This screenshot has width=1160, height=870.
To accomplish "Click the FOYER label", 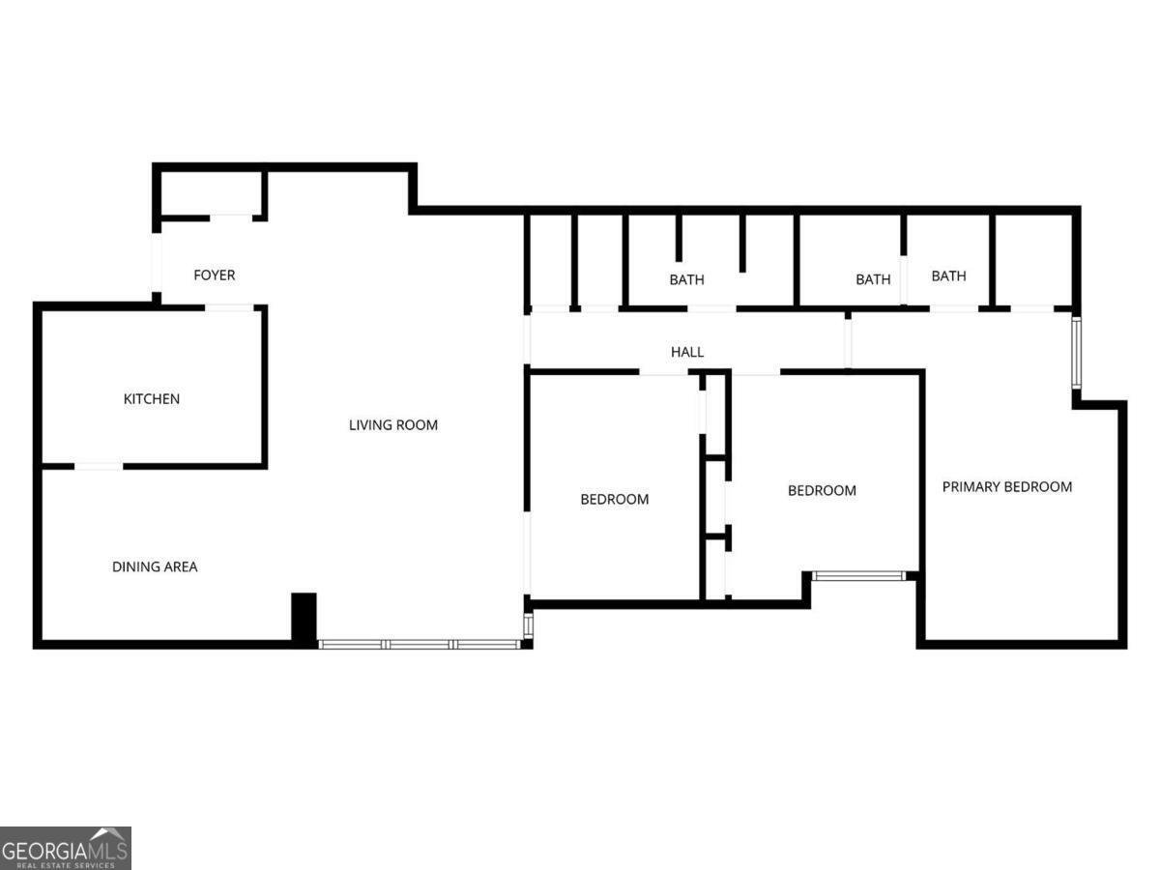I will tap(214, 275).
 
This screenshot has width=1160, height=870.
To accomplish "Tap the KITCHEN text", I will tap(151, 399).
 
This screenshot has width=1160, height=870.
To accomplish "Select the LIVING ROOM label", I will tap(393, 424).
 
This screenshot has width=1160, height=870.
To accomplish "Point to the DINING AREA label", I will tap(155, 567).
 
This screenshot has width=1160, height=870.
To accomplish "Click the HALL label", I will tap(687, 352).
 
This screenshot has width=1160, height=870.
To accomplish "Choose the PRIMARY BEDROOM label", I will tap(1007, 487).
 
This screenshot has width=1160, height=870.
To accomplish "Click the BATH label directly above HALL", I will tap(687, 280).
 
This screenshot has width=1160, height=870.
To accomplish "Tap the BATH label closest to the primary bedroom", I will tap(948, 276).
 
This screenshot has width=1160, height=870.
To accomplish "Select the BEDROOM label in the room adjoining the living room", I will tap(614, 500).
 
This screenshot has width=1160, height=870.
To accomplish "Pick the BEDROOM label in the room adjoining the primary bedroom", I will tap(822, 491).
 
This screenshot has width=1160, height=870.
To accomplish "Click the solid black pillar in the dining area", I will tap(304, 618).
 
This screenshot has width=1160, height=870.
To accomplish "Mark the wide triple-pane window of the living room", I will tap(420, 644).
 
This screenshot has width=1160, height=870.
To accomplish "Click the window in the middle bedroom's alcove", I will tap(858, 576).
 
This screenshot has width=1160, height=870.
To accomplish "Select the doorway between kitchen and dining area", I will tap(99, 467).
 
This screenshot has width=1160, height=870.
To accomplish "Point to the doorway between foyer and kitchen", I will tap(229, 307).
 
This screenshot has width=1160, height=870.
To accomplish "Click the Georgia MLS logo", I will tap(65, 848).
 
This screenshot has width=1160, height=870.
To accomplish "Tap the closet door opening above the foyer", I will tap(231, 217).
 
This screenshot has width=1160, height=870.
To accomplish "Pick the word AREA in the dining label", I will tap(180, 567).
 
